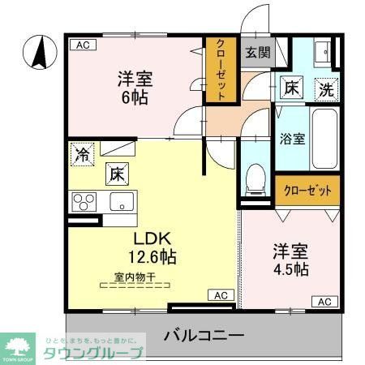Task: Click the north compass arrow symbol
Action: click(x=36, y=54)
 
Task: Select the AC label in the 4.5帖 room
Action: click(x=324, y=302)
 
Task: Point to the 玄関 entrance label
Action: click(x=258, y=54)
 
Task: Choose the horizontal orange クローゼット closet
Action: click(x=307, y=191)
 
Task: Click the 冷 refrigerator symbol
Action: click(x=82, y=152)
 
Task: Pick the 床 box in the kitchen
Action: click(x=116, y=172)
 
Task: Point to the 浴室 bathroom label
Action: click(x=293, y=137)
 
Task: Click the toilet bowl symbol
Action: click(x=256, y=177)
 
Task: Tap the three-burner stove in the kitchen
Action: click(x=84, y=200)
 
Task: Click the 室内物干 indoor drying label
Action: click(x=134, y=277)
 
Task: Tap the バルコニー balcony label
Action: click(x=204, y=333)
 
